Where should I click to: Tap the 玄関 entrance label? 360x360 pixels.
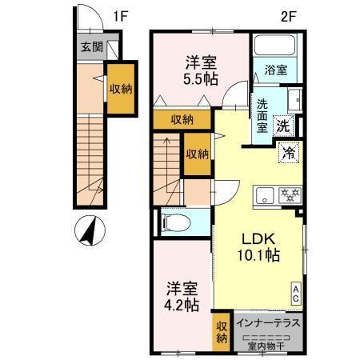pos(90,47)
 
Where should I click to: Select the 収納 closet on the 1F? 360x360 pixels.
pos(121,90)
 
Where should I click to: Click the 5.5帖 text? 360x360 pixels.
pos(198,80)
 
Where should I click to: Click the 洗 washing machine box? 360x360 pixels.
pos(283,126)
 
